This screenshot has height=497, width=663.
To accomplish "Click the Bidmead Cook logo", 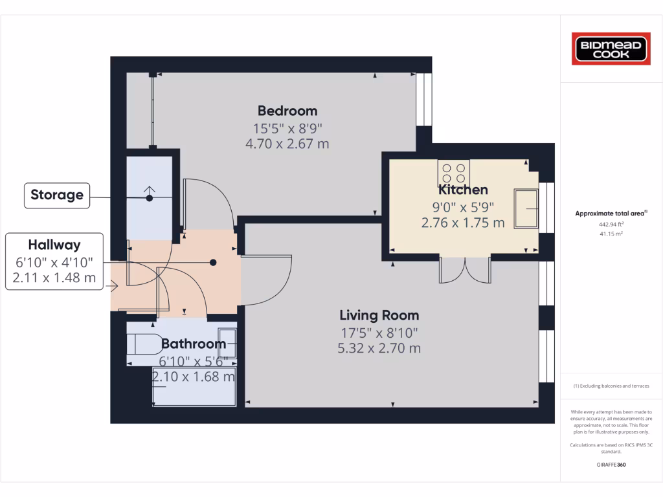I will point(611,49).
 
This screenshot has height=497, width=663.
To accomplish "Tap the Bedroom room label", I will point(287,111).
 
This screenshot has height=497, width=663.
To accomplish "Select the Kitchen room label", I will point(463,190).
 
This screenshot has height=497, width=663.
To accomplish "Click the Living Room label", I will point(379,315).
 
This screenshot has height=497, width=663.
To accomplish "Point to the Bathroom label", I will point(193,344).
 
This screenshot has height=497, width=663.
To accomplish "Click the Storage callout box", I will point(57,195).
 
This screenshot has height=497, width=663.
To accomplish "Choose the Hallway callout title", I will point(54,245).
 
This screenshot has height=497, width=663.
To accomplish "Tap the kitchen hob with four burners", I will point(453,173).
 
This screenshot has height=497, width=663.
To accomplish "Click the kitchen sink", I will point(526,208).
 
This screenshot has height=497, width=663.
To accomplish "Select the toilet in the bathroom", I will point(142,344).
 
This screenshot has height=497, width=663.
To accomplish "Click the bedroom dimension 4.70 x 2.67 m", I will point(287,144).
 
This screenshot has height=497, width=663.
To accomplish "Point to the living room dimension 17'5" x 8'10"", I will point(379,333).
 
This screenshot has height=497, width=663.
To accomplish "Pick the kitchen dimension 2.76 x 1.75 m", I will point(463,223).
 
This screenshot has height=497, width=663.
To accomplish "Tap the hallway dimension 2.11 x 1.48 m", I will point(54,278).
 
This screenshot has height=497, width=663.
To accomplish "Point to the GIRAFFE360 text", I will point(611,465).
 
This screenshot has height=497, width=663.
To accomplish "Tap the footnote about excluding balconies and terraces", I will point(611,386).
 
